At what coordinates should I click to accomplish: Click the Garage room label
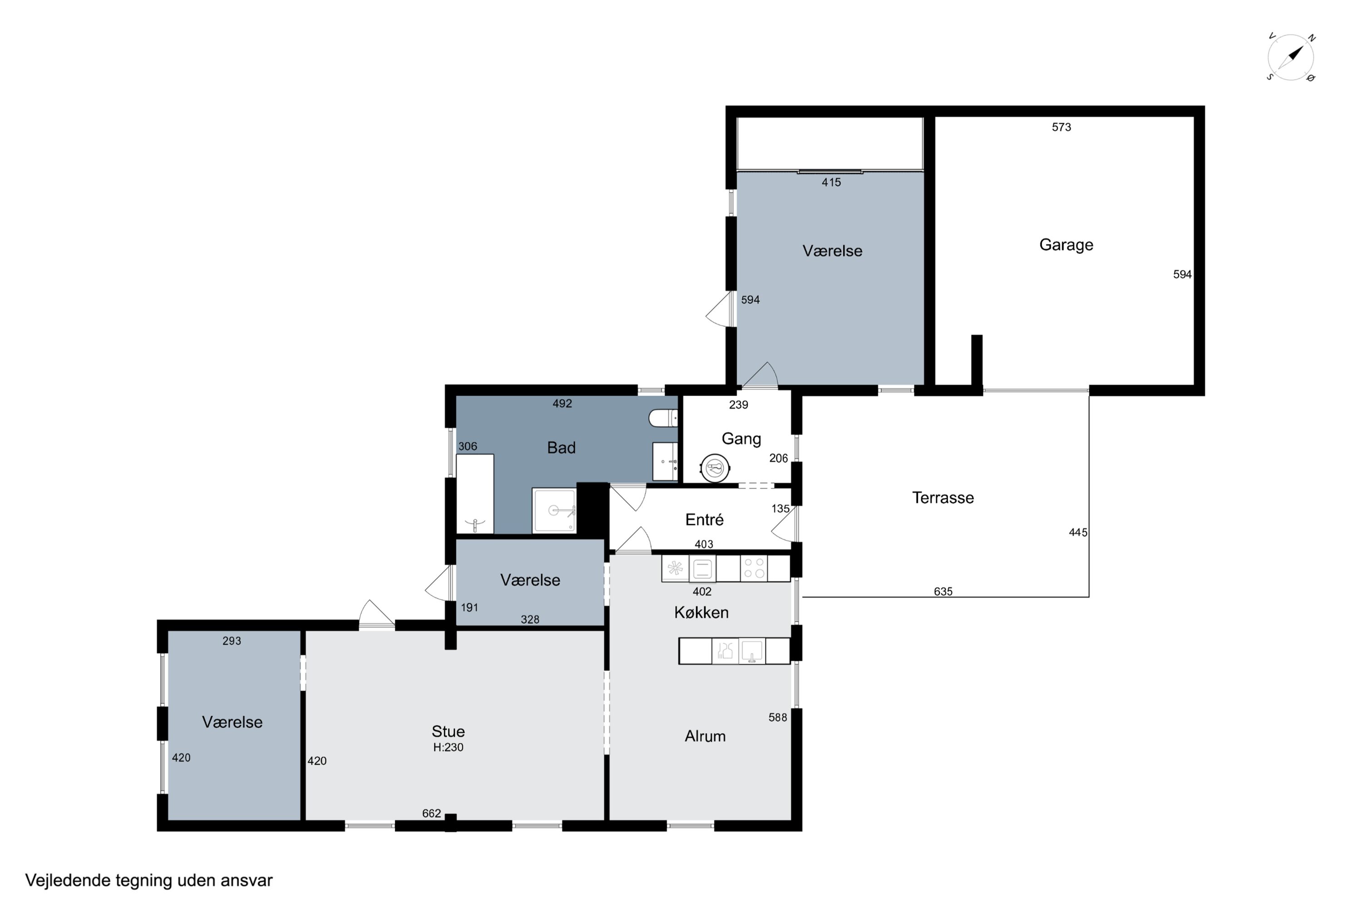tap(1066, 245)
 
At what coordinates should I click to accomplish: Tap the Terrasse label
tap(943, 498)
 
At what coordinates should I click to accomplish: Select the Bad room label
tap(561, 448)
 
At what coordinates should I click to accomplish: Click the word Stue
tap(448, 731)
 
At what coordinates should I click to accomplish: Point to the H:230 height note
tap(448, 748)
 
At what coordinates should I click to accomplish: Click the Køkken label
tap(701, 612)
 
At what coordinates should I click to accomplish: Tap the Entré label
tap(704, 519)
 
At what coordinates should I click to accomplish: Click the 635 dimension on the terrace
tap(943, 591)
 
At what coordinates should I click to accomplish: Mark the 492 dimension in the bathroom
tap(563, 404)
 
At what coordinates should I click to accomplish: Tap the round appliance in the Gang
tap(715, 467)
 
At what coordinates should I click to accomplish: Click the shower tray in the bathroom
tap(554, 510)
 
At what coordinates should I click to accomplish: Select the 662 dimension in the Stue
tap(431, 814)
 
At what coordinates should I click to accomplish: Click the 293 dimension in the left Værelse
tap(232, 641)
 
